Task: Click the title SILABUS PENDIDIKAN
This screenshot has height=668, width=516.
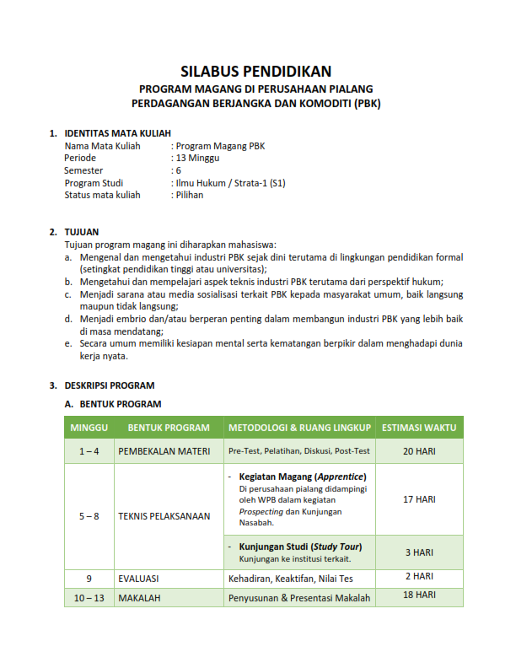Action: (257, 72)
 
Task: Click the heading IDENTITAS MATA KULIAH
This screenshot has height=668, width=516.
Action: (117, 133)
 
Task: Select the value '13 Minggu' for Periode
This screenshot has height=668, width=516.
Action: (197, 158)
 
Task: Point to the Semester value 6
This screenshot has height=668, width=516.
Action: (178, 170)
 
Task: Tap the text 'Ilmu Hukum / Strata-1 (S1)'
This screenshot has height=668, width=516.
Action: (230, 182)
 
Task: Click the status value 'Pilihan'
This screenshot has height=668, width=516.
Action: (190, 195)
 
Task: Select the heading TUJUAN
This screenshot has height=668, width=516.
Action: (82, 231)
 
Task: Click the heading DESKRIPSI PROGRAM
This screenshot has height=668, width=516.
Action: (110, 385)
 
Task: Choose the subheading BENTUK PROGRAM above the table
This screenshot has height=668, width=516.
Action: (113, 404)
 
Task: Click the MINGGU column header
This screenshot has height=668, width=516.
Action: (89, 428)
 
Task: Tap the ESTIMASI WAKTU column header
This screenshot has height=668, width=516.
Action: (419, 428)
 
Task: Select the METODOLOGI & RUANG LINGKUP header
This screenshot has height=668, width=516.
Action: (299, 428)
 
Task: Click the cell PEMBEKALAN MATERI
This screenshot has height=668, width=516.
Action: (164, 451)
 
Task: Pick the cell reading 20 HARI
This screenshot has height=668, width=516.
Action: (419, 451)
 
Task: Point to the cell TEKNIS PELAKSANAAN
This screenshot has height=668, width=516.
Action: (164, 516)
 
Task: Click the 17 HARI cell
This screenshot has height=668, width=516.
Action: (419, 499)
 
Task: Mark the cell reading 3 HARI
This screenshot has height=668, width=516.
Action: (419, 552)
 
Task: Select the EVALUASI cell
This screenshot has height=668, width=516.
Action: (139, 579)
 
